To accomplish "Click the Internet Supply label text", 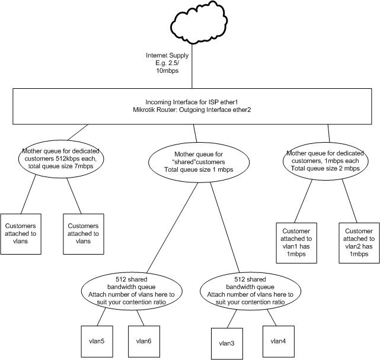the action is [x=167, y=56].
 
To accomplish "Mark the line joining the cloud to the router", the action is [x=192, y=66].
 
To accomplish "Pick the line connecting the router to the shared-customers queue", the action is [x=195, y=133].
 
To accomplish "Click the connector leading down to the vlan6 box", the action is [x=140, y=318].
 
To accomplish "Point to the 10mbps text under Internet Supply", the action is [x=167, y=71].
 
